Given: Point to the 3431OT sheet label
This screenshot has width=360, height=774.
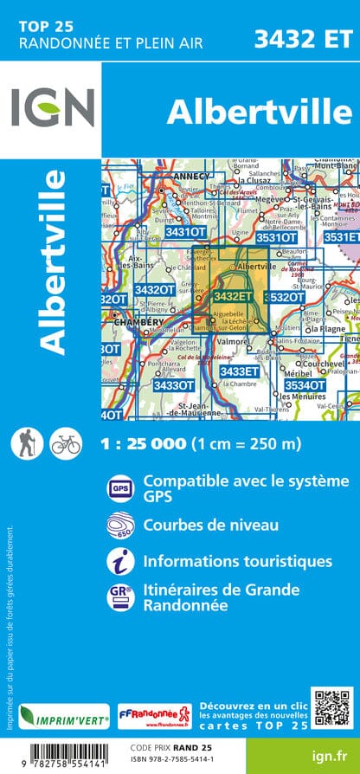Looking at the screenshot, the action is click(x=186, y=232).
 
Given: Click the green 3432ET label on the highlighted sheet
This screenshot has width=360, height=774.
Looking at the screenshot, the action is click(x=233, y=296).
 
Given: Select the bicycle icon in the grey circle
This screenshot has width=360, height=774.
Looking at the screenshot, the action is click(x=65, y=444).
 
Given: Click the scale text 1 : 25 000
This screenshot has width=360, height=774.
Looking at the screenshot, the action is click(x=143, y=444).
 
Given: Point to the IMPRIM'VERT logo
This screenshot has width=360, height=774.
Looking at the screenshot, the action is click(x=65, y=717).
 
